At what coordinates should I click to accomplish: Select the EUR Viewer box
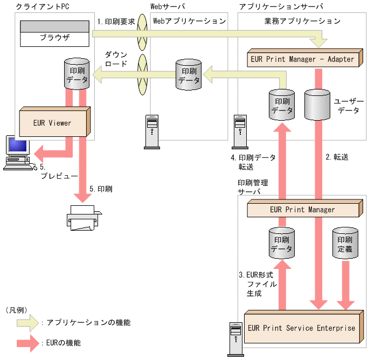(52, 123)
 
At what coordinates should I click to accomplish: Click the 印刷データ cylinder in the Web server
(189, 74)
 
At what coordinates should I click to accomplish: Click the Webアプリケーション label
(189, 22)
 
